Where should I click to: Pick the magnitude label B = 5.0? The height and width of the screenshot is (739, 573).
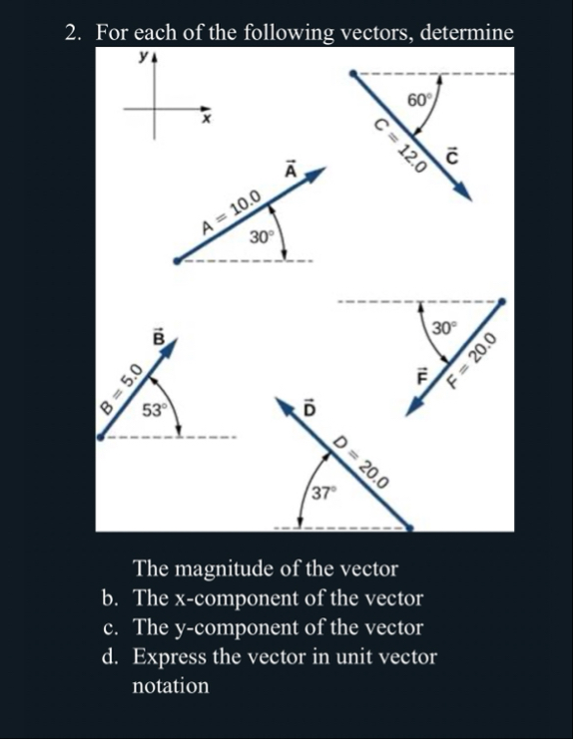point(119,390)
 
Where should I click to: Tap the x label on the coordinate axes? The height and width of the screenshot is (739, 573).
point(209,120)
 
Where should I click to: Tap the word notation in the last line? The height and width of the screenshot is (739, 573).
point(171,686)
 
